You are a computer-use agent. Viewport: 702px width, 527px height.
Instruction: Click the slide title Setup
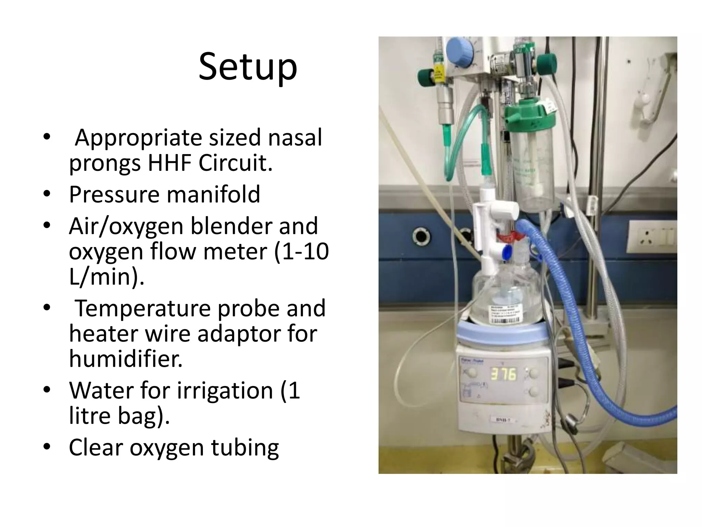point(247,67)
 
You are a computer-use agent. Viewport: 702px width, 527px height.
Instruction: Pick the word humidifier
point(126,359)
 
